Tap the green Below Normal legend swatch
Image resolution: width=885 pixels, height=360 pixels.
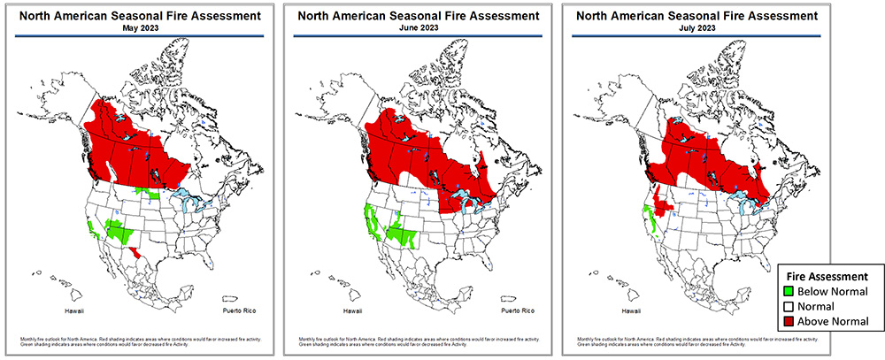pyautogui.click(x=791, y=291)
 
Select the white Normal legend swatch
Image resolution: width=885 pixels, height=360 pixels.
pyautogui.click(x=791, y=306)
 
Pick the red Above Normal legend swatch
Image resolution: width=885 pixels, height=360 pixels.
pyautogui.click(x=791, y=321)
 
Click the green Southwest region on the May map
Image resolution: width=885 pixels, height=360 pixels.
pyautogui.click(x=119, y=232)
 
